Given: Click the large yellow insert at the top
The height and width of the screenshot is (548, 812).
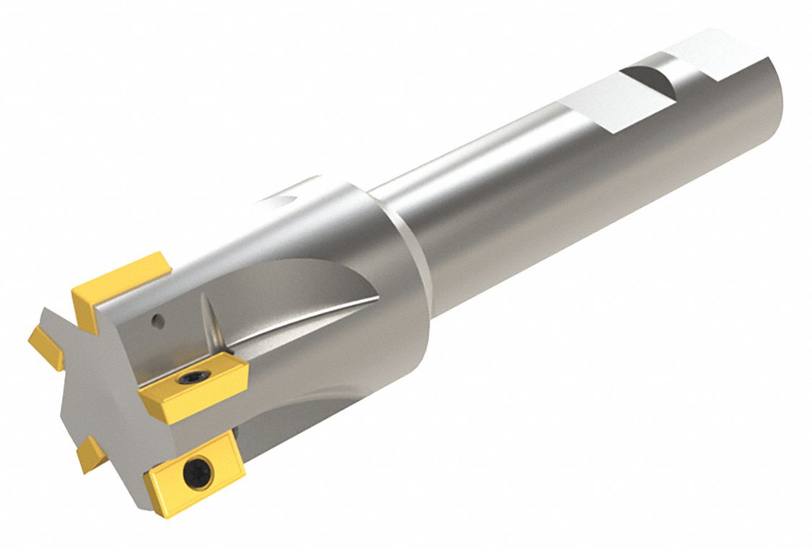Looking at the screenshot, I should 119,289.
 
